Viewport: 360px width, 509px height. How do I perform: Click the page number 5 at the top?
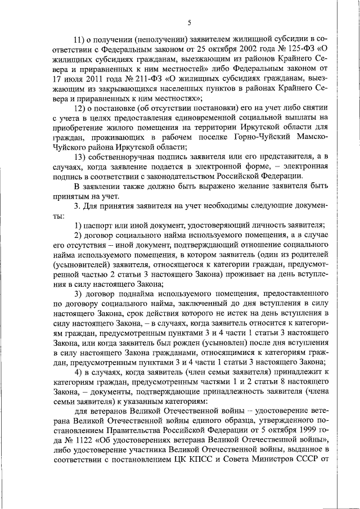(x=190, y=22)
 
